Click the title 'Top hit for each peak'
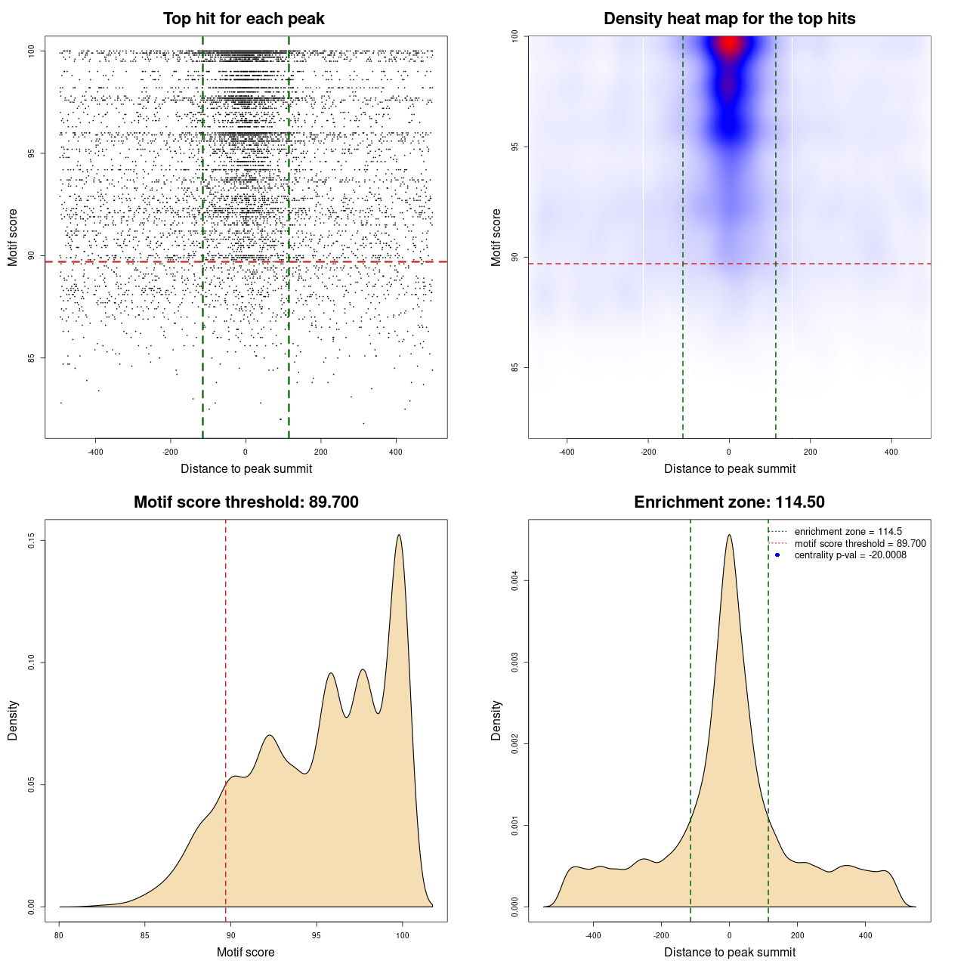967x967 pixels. click(243, 19)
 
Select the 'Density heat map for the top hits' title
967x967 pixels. click(729, 19)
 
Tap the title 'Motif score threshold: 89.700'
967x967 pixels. click(246, 502)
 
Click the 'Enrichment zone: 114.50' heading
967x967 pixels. click(729, 502)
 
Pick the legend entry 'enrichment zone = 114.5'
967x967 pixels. click(848, 532)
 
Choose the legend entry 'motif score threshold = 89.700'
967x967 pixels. click(860, 544)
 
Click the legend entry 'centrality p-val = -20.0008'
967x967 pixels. click(850, 555)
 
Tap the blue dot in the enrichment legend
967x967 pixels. click(777, 555)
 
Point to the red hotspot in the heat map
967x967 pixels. click(729, 45)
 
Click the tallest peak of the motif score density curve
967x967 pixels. click(399, 536)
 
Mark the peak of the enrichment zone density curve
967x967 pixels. click(729, 536)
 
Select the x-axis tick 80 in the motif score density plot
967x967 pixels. click(60, 935)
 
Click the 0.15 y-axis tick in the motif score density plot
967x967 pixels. click(31, 540)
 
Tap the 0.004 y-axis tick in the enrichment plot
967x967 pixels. click(514, 581)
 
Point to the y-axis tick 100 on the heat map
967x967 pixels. click(514, 36)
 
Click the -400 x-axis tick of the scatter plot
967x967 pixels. click(95, 452)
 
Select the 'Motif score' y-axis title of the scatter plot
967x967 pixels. click(13, 237)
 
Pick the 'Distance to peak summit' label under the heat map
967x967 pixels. click(729, 469)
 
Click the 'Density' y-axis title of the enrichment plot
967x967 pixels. click(496, 720)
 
